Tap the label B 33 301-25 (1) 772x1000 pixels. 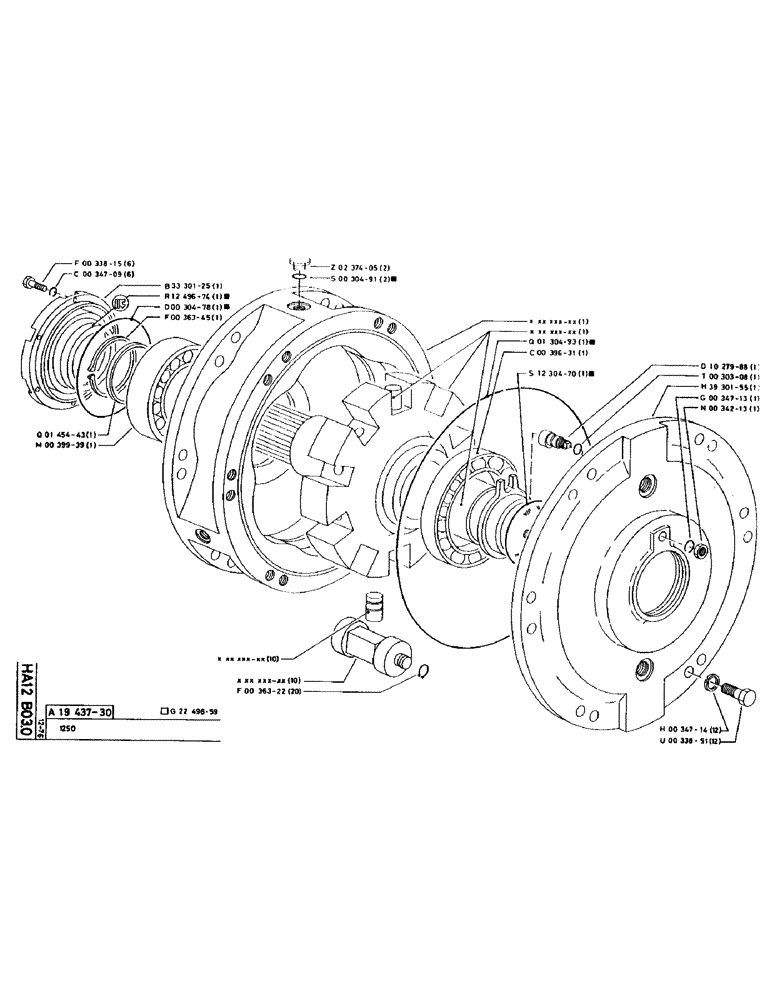coord(198,286)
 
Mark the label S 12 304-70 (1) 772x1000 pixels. coord(563,373)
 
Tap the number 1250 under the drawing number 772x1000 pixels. coord(68,730)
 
